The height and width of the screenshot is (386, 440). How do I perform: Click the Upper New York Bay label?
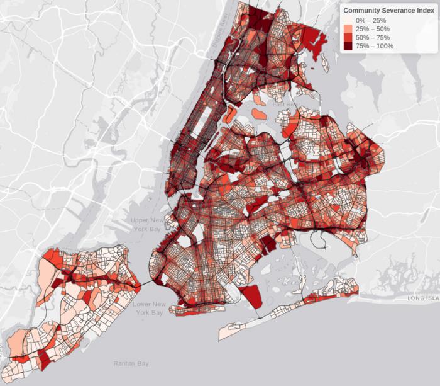[x=148, y=224]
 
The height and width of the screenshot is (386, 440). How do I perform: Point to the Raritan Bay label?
[x=131, y=363]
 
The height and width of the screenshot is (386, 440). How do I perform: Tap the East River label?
[x=288, y=101]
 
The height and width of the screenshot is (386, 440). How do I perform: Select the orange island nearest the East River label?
[x=259, y=113]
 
